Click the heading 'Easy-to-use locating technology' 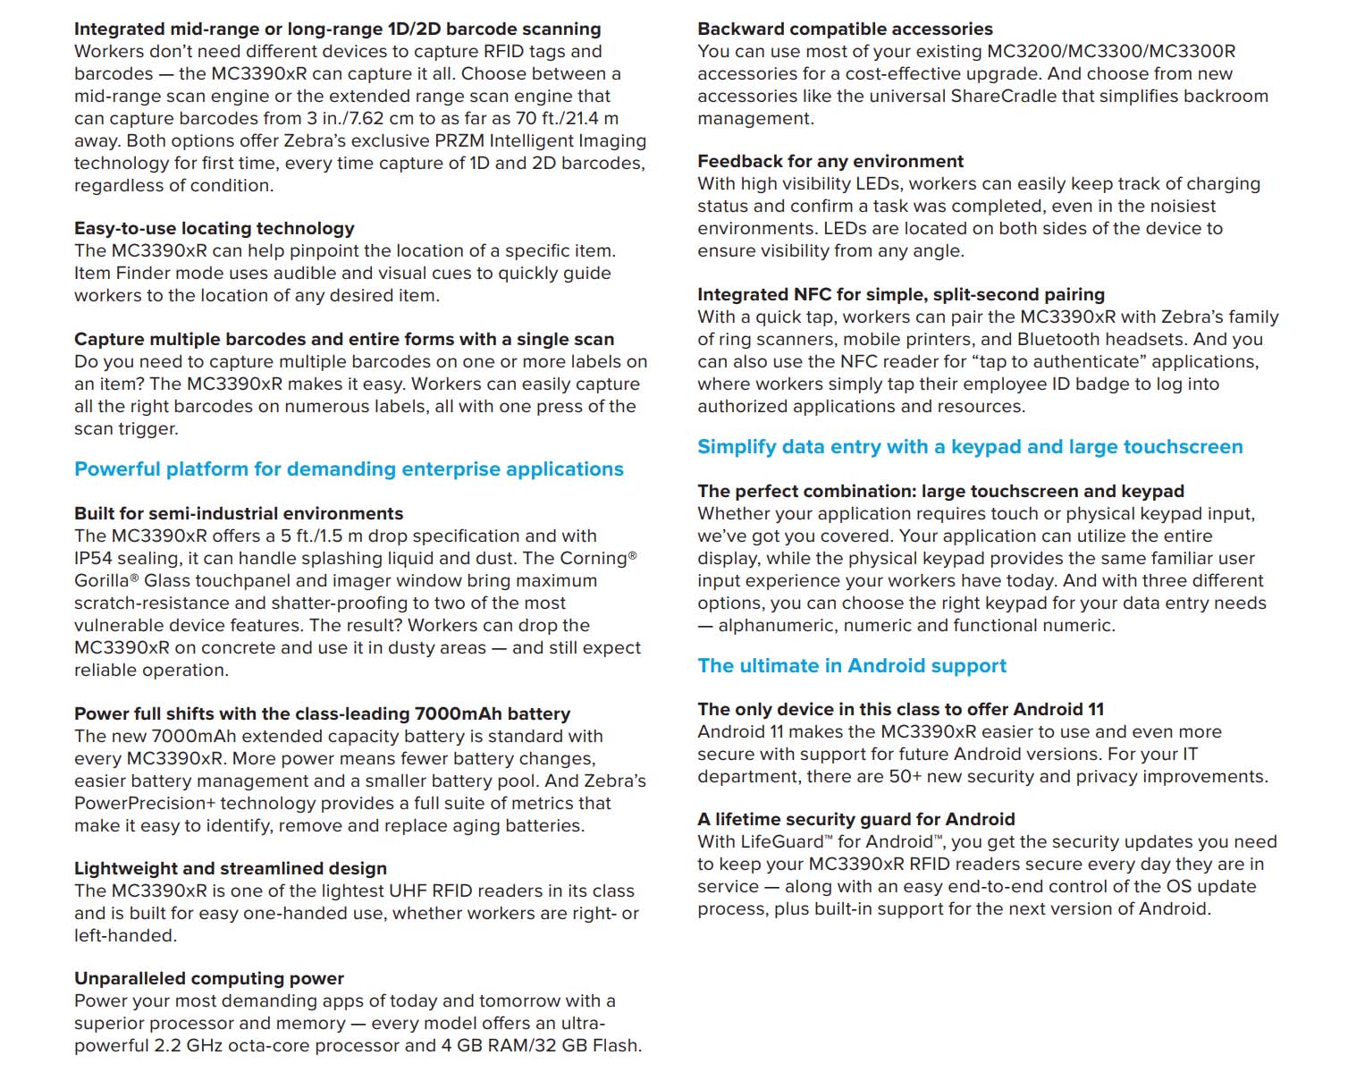point(214,228)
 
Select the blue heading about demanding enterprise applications point(349,469)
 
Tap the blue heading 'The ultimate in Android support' point(852,666)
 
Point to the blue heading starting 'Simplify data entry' point(970,447)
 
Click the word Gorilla point(101,580)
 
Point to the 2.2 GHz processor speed point(195,1045)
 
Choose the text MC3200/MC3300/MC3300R point(1111,51)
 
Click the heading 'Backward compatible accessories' point(845,29)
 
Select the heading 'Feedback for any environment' point(830,161)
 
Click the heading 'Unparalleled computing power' point(208,978)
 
